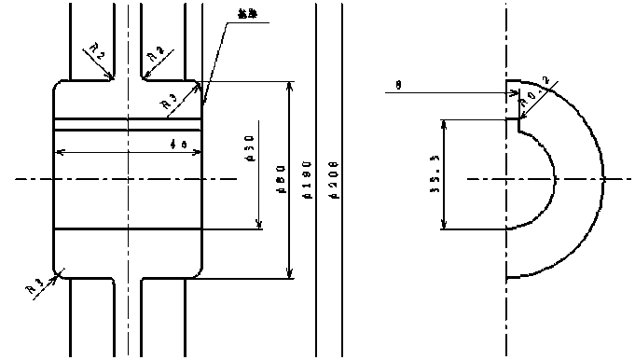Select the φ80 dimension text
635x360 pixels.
[281, 180]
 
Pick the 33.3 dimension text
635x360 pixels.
[435, 174]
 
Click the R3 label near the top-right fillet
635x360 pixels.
[169, 102]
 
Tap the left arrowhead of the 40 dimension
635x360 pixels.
[61, 151]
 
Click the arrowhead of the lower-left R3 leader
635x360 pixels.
[59, 273]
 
